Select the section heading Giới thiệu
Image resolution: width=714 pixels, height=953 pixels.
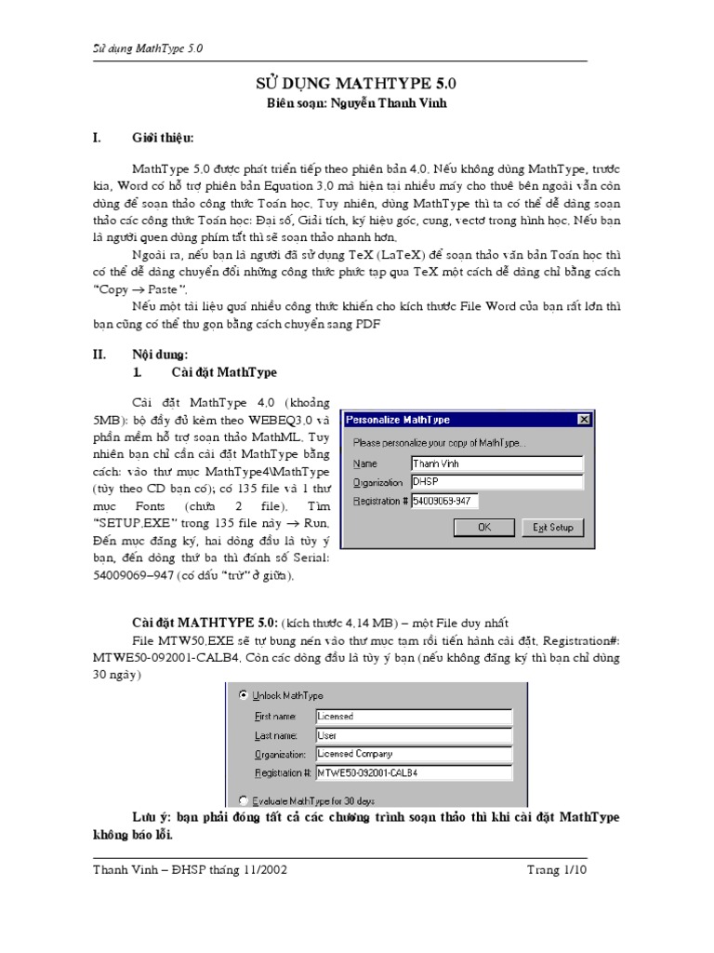[x=163, y=139]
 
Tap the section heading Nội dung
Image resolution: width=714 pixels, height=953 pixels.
[x=160, y=355]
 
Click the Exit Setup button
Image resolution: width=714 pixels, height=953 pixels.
[x=553, y=527]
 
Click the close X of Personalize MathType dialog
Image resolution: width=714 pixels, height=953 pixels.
[x=583, y=420]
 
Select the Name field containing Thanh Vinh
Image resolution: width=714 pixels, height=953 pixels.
[x=496, y=463]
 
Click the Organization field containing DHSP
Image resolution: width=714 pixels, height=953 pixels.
[x=496, y=482]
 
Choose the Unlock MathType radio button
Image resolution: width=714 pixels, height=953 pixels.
[x=244, y=695]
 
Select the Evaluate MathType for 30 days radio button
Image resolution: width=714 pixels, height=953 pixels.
[x=244, y=799]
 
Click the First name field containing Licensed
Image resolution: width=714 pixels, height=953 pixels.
[x=413, y=717]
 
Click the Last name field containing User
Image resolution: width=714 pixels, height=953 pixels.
[x=413, y=735]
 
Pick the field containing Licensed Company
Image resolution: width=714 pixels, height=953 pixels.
[x=413, y=754]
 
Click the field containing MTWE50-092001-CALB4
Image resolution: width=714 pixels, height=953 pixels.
[x=413, y=772]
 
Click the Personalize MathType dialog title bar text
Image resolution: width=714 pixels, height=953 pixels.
[x=401, y=420]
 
